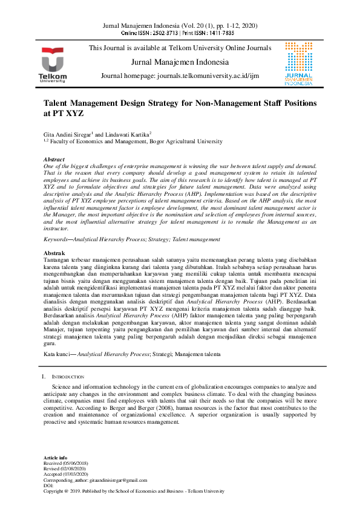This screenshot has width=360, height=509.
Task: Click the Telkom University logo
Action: [55, 64]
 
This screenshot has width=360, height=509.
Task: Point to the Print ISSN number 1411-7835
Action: [220, 34]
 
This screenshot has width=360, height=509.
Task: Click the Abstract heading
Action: [56, 159]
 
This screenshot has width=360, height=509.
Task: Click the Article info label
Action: [56, 458]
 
